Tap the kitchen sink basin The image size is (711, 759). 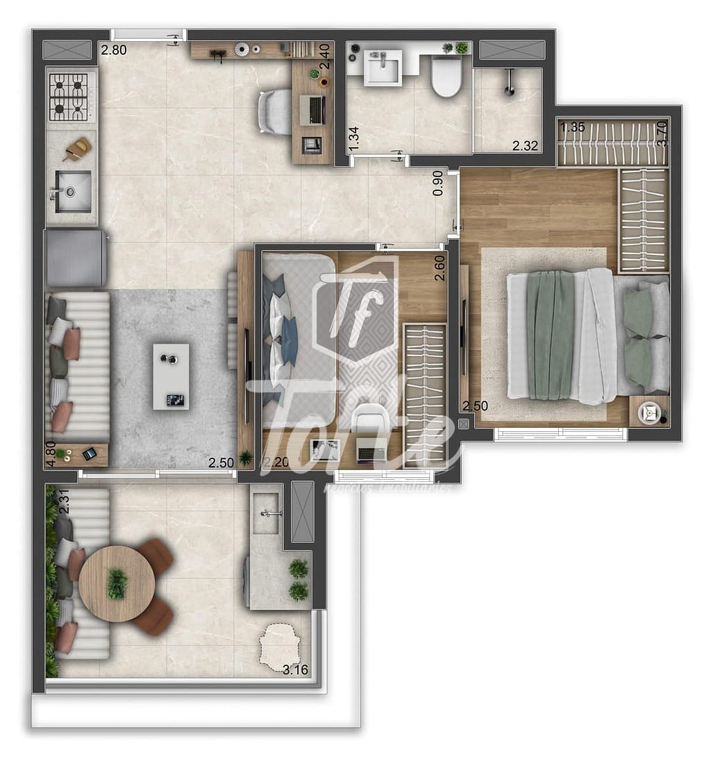click(74, 191)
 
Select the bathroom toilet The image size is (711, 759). click(446, 76)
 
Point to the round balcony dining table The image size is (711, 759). click(117, 583)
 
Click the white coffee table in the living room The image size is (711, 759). click(171, 376)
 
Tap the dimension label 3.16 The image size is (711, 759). click(296, 670)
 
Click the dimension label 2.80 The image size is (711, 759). click(114, 50)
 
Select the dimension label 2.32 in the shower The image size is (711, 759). click(526, 146)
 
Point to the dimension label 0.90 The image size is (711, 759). click(437, 183)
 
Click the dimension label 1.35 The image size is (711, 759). click(572, 127)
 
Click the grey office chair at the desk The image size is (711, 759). click(275, 111)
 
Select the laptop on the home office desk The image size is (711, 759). click(316, 109)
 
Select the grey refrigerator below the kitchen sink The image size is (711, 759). click(76, 258)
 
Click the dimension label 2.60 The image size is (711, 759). click(440, 269)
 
